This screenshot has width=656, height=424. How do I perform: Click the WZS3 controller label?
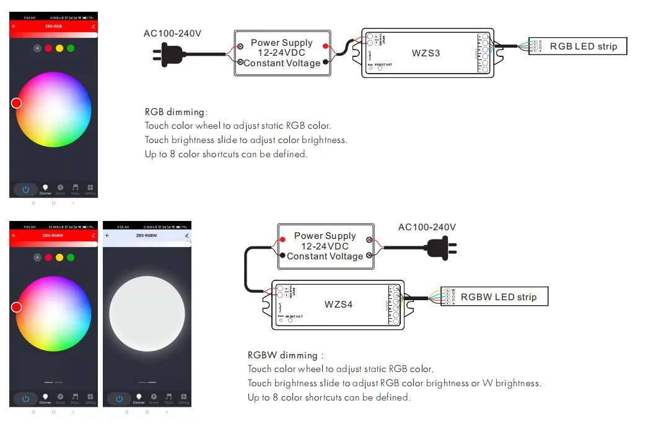click(426, 53)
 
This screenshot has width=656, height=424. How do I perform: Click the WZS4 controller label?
click(338, 305)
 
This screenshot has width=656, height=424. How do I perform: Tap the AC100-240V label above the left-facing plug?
click(172, 33)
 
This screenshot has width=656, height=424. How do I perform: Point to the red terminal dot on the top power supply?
click(326, 45)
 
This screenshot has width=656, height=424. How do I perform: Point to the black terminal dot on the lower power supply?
click(282, 255)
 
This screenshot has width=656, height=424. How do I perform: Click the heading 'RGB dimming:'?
click(176, 112)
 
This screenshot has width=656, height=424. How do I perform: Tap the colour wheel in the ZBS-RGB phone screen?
click(53, 110)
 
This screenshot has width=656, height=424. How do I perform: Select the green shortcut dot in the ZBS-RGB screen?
click(71, 48)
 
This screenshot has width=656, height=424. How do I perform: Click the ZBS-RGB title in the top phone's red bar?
click(53, 27)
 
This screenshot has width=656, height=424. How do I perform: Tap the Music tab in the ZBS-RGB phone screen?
click(75, 189)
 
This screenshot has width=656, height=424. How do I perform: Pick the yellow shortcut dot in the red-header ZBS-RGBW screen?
click(59, 257)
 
